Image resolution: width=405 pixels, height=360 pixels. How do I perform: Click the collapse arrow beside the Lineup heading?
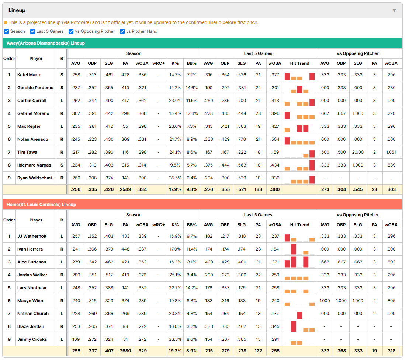click(394, 10)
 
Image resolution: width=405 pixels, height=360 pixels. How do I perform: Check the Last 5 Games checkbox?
click(32, 31)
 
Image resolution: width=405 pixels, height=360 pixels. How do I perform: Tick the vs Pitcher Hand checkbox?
click(122, 31)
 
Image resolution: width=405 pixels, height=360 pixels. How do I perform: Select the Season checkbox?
click(7, 31)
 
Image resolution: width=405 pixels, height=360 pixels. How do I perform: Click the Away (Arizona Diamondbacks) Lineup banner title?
click(46, 43)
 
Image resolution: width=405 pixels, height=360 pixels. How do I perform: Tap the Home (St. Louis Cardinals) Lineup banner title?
click(41, 205)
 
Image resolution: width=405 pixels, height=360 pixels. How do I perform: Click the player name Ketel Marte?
click(29, 75)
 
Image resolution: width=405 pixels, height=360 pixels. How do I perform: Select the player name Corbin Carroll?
click(32, 101)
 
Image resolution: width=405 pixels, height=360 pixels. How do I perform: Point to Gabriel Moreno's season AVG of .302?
click(76, 113)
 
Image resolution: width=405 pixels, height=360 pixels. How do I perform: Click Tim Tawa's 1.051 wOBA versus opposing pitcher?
click(391, 152)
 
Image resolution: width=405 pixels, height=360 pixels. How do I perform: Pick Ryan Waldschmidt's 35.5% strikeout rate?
click(175, 178)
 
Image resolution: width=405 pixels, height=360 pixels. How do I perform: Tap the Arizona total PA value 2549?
click(125, 189)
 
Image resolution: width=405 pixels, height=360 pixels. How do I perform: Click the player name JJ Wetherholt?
click(32, 236)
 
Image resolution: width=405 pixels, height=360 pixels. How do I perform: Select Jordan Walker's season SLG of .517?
click(109, 275)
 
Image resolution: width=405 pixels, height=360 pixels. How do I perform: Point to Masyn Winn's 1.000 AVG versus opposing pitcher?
click(325, 301)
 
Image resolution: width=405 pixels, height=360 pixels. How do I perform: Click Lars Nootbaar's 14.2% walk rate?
click(192, 288)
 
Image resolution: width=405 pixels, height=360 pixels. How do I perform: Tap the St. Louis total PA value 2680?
click(125, 351)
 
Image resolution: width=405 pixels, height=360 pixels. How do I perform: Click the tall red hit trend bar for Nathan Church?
click(300, 315)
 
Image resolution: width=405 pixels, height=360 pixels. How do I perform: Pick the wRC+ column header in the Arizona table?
click(159, 63)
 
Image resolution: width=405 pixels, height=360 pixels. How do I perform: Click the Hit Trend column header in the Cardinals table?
click(300, 225)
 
